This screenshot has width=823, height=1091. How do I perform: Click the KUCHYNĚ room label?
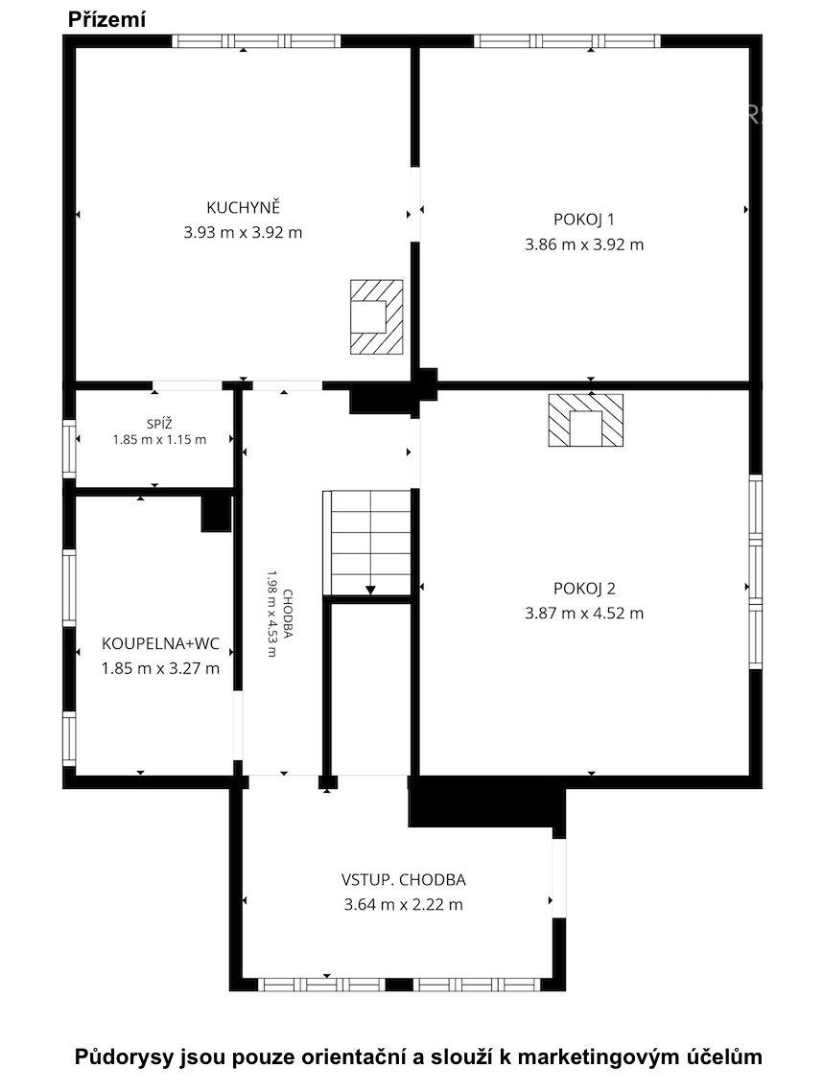coord(243,207)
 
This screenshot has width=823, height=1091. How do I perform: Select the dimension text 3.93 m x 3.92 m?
coord(243,232)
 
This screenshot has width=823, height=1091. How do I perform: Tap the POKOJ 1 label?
coord(583,220)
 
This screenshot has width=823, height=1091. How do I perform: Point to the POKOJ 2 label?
coord(584,589)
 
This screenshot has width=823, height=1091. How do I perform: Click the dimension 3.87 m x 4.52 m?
coord(584,613)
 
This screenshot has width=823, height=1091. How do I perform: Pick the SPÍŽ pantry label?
coord(159,423)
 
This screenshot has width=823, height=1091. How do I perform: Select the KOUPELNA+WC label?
coord(160,643)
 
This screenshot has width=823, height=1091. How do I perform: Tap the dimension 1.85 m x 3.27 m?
coord(160,668)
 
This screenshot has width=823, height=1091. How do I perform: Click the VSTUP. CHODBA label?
coord(403,879)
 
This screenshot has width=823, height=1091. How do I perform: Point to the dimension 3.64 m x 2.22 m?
coord(403,904)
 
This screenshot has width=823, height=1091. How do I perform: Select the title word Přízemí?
coord(106,20)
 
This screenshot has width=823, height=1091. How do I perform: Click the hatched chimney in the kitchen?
coord(377,316)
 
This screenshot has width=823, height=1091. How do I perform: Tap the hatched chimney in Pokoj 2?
coord(585,420)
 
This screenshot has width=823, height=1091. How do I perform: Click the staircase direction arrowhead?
coord(370,590)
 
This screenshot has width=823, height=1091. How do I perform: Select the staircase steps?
coord(367,543)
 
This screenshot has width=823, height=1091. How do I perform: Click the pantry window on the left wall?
coord(69,449)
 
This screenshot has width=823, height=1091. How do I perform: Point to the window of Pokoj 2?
coord(756,572)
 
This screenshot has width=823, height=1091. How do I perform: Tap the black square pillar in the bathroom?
coord(216,514)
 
